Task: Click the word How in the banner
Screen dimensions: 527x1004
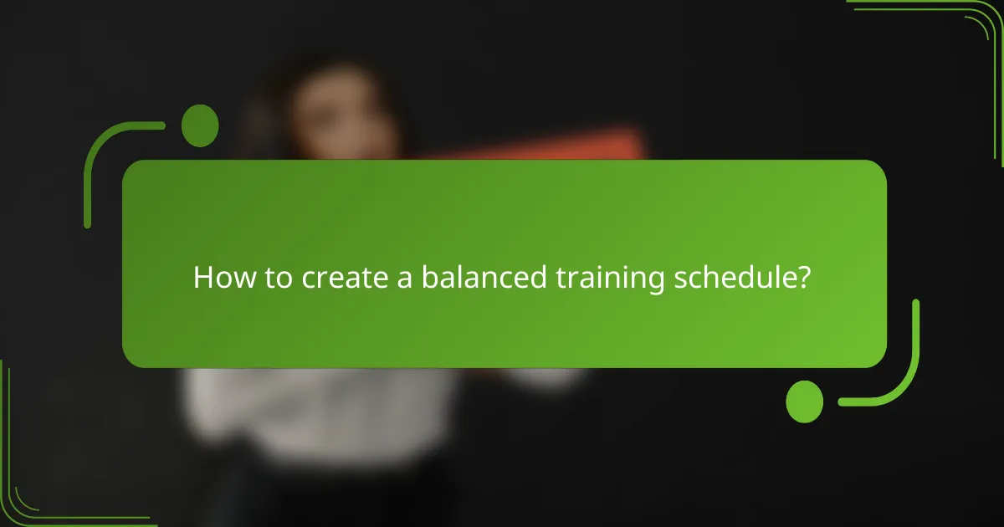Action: [220, 278]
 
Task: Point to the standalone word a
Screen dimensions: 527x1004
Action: [404, 279]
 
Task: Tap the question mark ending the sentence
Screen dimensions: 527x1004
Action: [802, 278]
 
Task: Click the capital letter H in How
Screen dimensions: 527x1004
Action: [202, 278]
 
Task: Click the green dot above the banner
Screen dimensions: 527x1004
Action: [200, 126]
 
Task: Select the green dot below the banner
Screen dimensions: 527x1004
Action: [805, 402]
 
